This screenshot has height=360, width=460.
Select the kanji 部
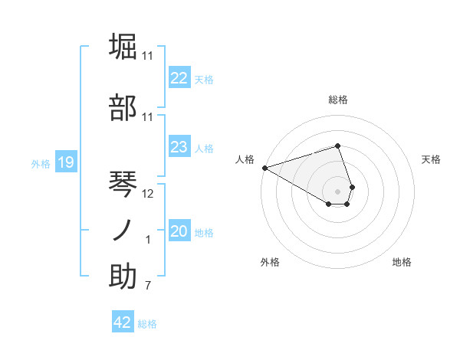tap(123, 108)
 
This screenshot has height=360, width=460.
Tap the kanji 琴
tap(123, 184)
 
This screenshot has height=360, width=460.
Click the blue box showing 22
tap(179, 78)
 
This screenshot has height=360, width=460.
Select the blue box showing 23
tap(179, 147)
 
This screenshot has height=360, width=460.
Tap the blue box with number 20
tap(179, 231)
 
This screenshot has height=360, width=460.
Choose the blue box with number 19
tap(65, 162)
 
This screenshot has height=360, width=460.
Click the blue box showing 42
tap(123, 322)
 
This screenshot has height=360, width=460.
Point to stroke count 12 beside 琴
tap(148, 194)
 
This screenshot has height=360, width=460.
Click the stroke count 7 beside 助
tap(148, 286)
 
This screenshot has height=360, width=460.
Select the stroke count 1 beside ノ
tap(148, 240)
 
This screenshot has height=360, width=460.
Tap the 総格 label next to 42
tap(147, 324)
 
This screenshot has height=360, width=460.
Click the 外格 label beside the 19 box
tap(41, 163)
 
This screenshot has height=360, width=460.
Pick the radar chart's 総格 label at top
tap(338, 100)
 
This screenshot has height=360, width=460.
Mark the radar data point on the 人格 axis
tap(264, 167)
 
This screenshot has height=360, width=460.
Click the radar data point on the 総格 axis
tap(338, 146)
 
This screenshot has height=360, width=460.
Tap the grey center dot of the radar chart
tap(338, 191)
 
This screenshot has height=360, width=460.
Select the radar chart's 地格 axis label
tap(402, 262)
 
